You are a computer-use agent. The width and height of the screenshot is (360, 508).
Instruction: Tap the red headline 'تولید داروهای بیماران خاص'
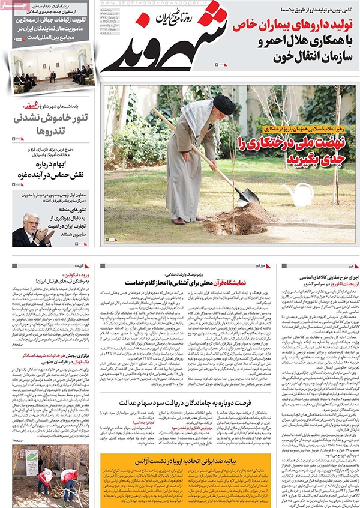[x=289, y=25]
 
